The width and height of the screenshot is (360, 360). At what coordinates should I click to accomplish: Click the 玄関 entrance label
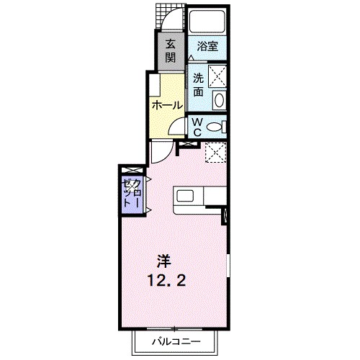click(x=171, y=51)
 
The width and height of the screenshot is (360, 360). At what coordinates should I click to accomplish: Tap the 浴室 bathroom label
click(x=207, y=46)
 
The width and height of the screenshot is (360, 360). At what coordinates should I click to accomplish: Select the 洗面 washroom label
click(x=199, y=85)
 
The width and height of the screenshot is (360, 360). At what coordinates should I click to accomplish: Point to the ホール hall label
click(x=167, y=105)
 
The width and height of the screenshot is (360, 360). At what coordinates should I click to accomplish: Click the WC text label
click(x=197, y=127)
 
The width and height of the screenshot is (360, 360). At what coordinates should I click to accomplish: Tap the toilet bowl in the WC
click(x=214, y=127)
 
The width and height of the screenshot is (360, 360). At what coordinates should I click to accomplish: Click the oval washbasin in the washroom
click(x=219, y=100)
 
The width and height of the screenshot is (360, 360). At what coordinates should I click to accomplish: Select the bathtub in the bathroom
click(x=207, y=21)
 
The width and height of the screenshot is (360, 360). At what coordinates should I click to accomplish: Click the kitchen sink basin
click(x=185, y=196)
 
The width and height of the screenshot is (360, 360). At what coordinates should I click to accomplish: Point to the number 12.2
click(x=167, y=280)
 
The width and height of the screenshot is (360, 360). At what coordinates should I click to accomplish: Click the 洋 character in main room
click(x=164, y=261)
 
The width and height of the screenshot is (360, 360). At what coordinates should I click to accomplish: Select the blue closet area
click(x=132, y=195)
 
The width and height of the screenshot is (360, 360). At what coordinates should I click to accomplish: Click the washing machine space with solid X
click(x=217, y=76)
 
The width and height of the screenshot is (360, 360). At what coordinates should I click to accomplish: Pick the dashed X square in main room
click(x=215, y=153)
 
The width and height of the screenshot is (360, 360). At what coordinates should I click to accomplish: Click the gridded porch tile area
click(x=159, y=17)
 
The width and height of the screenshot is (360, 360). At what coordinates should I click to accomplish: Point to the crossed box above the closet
click(x=132, y=171)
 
